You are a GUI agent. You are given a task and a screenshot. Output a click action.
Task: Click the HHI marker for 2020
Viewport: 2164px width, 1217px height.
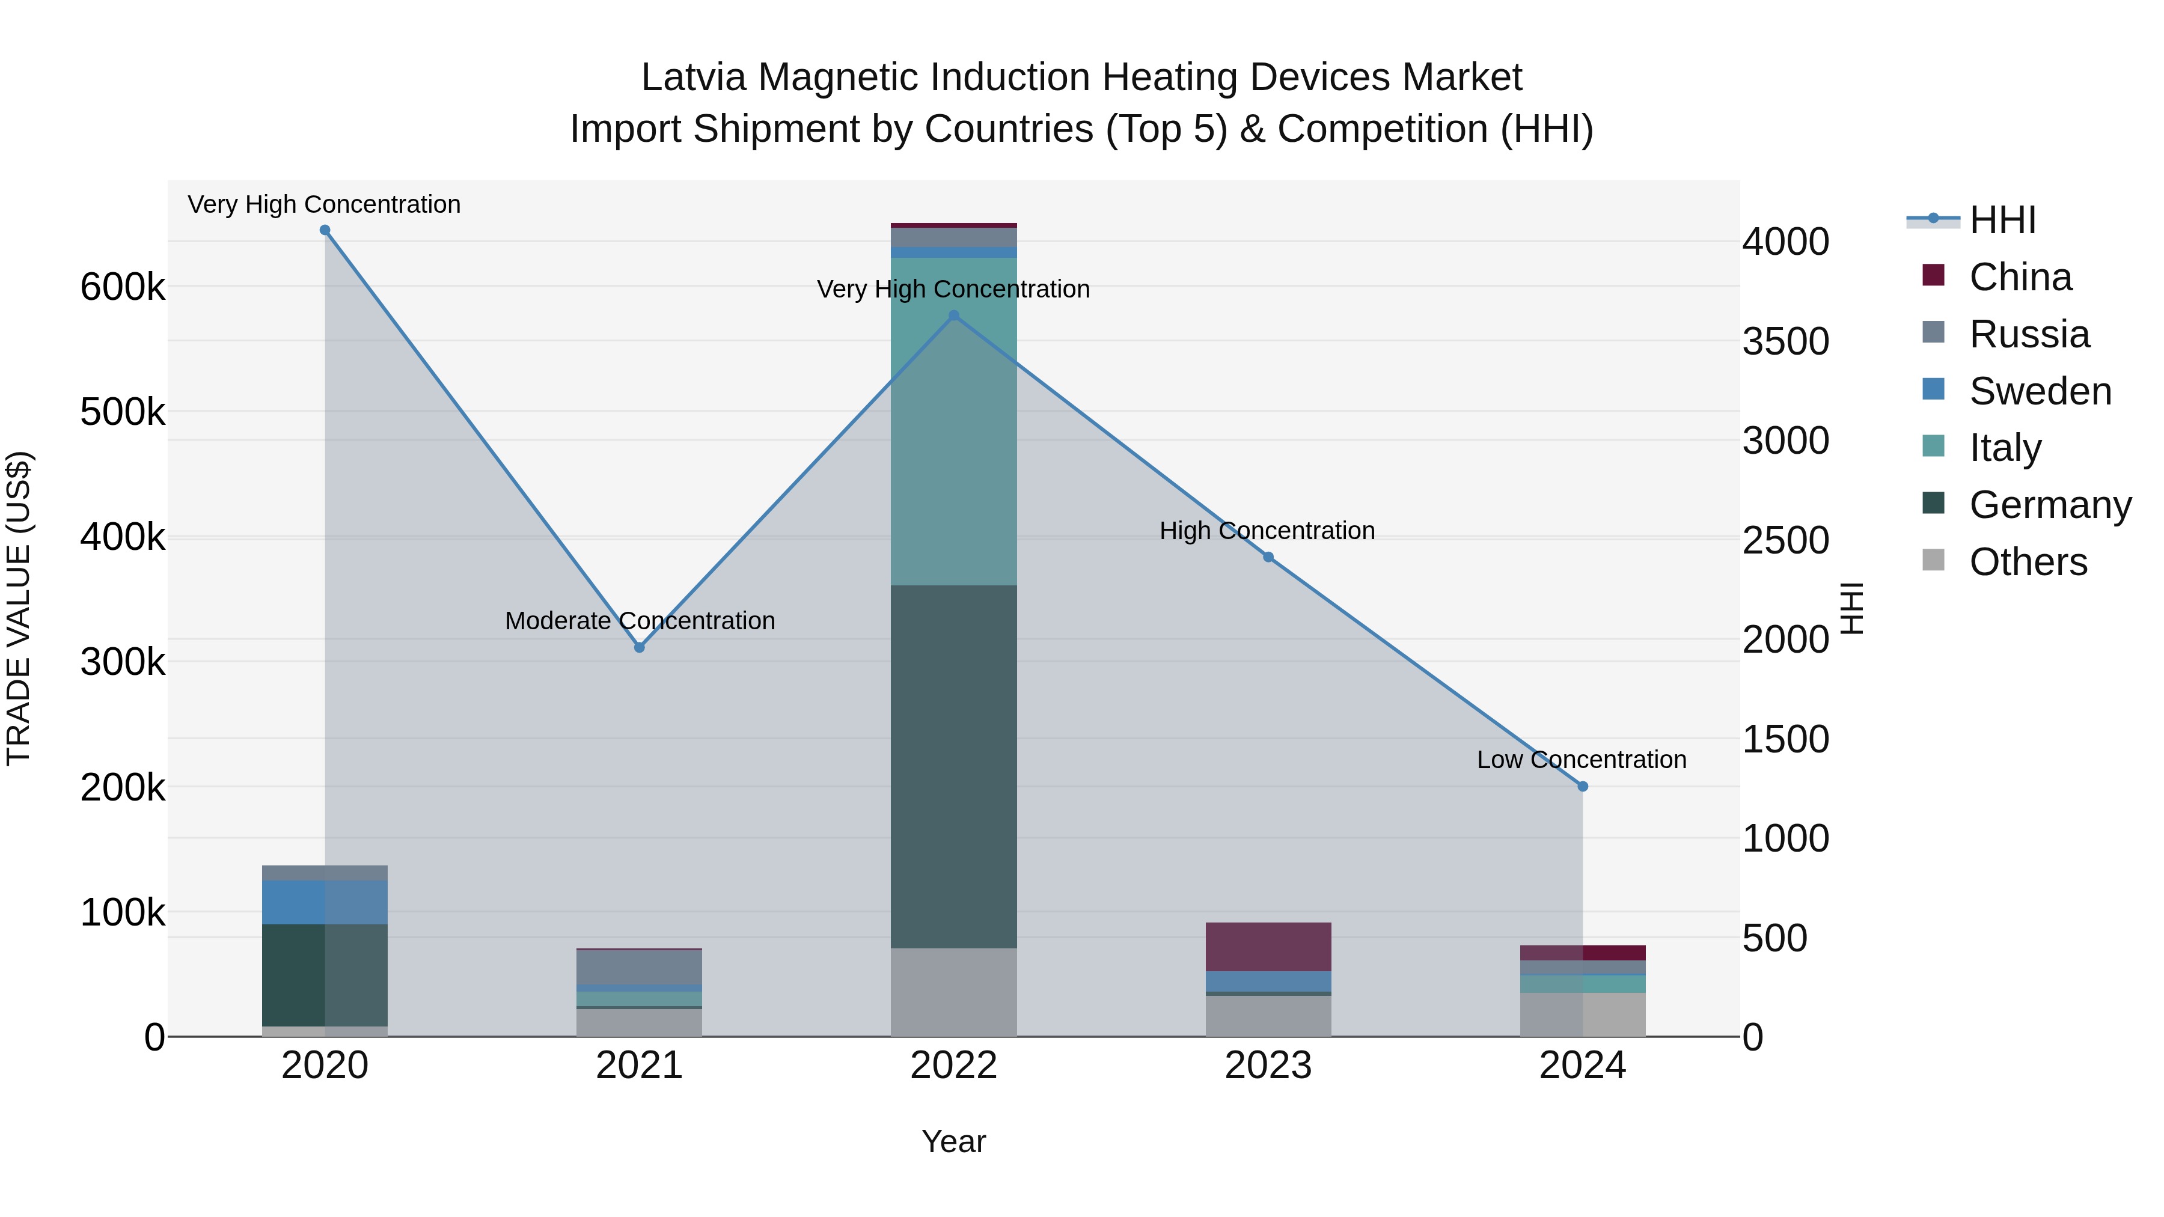(x=325, y=230)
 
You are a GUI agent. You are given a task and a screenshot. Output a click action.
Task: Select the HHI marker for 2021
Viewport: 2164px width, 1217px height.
(x=640, y=647)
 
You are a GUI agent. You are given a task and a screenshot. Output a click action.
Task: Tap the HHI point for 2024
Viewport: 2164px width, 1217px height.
(x=1583, y=787)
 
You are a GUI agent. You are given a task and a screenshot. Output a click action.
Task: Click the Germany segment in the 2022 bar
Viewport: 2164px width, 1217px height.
(x=953, y=766)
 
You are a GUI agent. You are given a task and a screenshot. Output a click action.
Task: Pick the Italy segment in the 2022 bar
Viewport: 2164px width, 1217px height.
(x=953, y=420)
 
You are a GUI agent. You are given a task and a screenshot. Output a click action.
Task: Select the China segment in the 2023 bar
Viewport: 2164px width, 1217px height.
(x=1268, y=947)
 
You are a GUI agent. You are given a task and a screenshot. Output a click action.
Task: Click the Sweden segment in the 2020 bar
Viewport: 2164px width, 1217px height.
(x=325, y=902)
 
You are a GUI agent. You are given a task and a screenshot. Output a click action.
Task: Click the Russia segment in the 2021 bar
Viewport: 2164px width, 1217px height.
(x=640, y=967)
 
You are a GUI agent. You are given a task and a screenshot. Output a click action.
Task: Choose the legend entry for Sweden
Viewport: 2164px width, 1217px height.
(x=2039, y=391)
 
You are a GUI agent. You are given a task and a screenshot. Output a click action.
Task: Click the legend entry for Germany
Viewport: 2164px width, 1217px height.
(x=2049, y=505)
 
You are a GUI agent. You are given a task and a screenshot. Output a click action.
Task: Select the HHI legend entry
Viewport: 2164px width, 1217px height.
(x=2001, y=220)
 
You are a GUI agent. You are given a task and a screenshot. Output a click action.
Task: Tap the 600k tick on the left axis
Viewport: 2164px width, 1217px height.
(x=123, y=287)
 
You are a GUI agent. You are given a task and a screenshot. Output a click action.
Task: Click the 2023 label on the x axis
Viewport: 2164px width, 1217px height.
(x=1268, y=1066)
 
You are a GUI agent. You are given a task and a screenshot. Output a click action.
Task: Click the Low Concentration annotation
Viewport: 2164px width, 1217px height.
(x=1581, y=759)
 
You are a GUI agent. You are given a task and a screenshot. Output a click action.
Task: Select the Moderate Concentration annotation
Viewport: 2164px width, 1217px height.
(x=640, y=621)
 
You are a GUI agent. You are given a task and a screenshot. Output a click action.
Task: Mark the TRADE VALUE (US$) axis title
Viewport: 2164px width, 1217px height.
(x=19, y=608)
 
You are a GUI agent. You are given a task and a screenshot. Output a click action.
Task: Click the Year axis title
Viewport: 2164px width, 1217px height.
(x=953, y=1141)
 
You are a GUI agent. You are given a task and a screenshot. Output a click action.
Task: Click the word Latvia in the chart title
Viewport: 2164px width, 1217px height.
(x=693, y=78)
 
